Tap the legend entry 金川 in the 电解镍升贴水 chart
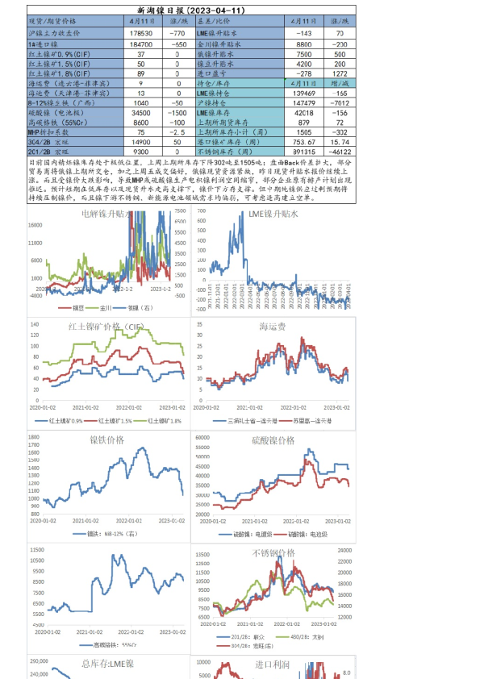(x=110, y=307)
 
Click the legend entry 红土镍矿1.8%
(x=158, y=420)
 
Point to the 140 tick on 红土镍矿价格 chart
(x=35, y=325)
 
